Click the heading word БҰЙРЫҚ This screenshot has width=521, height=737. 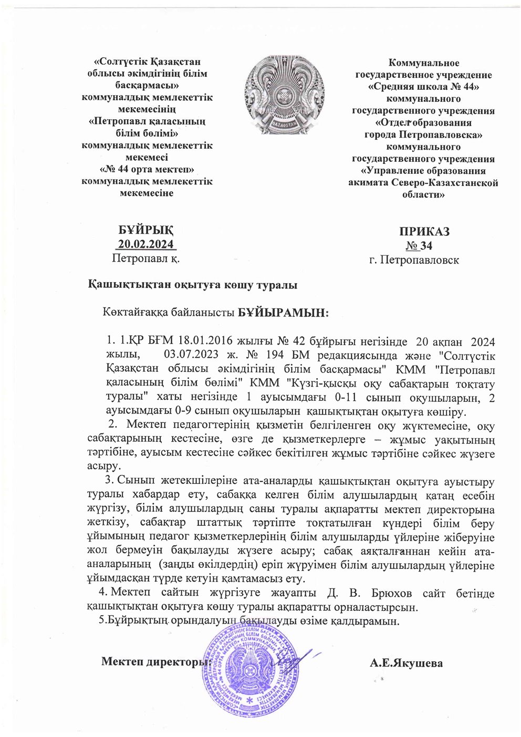[x=145, y=231]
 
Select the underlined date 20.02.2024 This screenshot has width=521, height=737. [x=145, y=244]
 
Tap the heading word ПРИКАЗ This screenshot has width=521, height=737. [x=424, y=232]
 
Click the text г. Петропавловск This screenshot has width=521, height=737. [x=414, y=259]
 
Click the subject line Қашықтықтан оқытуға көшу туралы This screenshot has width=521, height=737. [x=193, y=285]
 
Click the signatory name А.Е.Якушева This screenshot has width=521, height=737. [x=406, y=663]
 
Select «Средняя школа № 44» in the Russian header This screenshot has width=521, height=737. [x=423, y=87]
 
